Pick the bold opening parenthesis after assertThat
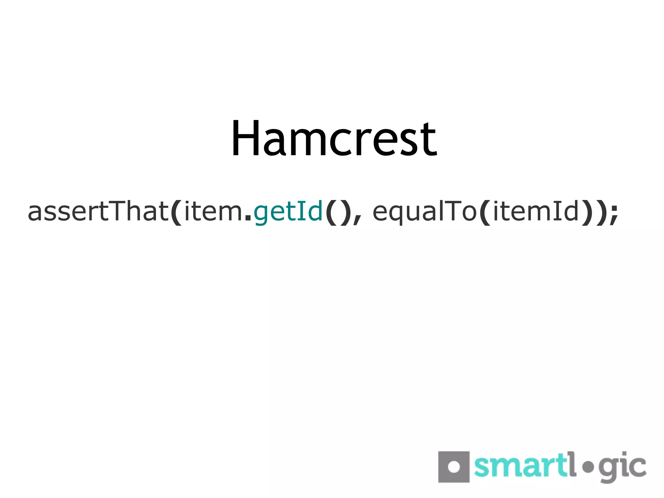(x=176, y=212)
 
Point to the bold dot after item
(x=248, y=219)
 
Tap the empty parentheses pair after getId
(x=338, y=212)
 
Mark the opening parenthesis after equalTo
(x=484, y=212)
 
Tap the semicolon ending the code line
(x=614, y=214)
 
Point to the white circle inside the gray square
(x=454, y=467)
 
